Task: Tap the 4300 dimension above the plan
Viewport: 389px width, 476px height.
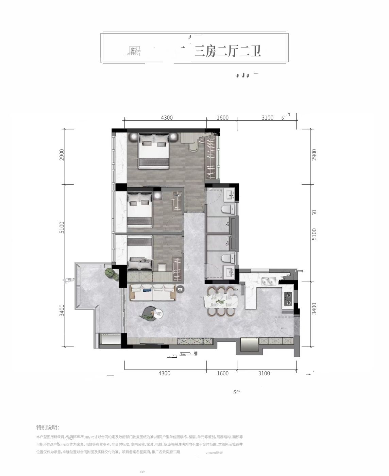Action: click(x=167, y=118)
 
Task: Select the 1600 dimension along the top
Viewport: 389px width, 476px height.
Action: click(x=222, y=118)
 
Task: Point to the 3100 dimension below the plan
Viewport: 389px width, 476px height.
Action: click(x=264, y=373)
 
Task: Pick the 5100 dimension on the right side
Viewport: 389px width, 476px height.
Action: click(x=314, y=234)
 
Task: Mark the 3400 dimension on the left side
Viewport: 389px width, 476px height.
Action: click(x=62, y=310)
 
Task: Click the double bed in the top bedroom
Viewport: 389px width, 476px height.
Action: click(x=154, y=151)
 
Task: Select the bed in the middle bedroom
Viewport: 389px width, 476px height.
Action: click(x=140, y=211)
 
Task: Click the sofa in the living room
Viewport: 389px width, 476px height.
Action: click(x=153, y=293)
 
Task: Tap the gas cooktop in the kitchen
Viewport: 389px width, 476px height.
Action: click(x=288, y=299)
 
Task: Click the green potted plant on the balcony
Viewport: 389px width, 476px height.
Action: click(x=109, y=273)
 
